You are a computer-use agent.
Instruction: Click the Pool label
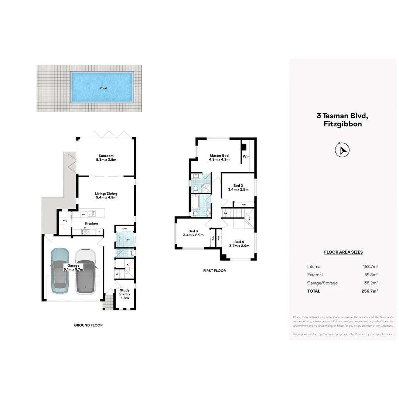pos(103,88)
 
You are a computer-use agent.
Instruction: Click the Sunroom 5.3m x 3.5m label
pos(106,158)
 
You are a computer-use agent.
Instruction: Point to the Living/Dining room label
pos(106,195)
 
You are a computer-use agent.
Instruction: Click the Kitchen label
pos(91,224)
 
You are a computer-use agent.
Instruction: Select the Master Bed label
pos(219,158)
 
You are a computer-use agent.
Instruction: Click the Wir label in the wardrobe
pos(246,157)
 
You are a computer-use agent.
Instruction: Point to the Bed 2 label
pos(238,187)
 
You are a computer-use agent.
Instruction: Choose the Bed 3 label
pos(193,233)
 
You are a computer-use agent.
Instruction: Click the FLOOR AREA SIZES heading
pos(343,252)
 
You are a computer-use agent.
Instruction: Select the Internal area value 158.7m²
pos(370,266)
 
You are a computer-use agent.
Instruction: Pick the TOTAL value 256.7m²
pos(369,291)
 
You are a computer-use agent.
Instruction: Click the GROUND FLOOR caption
pos(88,325)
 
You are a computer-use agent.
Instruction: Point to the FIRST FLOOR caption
pos(214,271)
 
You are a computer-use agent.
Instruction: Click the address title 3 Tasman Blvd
pos(342,116)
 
